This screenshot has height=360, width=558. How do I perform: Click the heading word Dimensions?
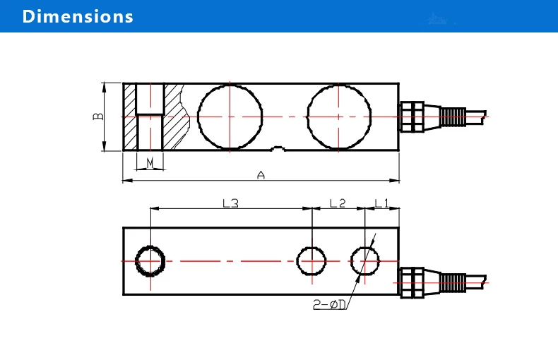coord(78,16)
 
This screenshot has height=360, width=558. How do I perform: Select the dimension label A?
coord(261,175)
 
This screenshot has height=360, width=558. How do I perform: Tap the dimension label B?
coord(98,116)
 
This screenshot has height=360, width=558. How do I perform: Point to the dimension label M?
coord(150,163)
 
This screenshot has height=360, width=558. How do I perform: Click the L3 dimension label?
coord(230,203)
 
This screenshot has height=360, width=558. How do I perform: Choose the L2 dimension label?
coord(338,203)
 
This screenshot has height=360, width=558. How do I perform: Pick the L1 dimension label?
coord(382,203)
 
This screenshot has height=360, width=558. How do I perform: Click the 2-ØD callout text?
coord(329,304)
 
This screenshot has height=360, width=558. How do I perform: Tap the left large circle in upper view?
coord(198,116)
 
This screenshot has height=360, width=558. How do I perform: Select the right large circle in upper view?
coord(307,116)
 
